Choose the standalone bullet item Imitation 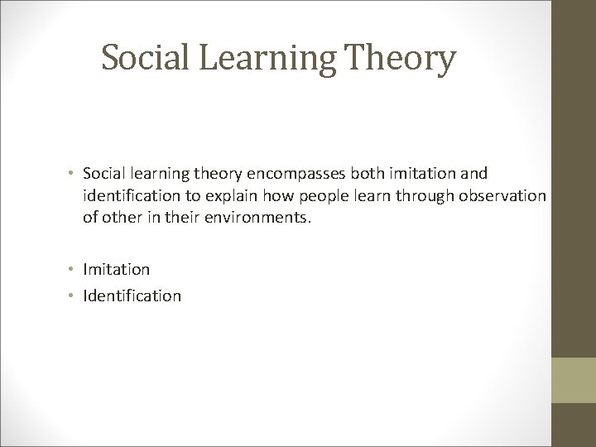(x=117, y=269)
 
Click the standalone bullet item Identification (x=132, y=295)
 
